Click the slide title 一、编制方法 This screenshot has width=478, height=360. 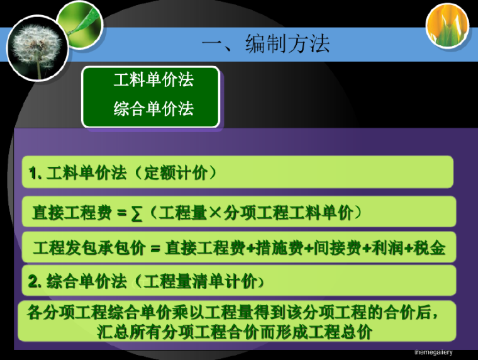(x=265, y=45)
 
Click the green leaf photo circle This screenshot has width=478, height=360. (x=79, y=23)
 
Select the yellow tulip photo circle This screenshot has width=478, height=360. (x=447, y=26)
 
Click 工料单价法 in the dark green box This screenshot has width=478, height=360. (x=153, y=80)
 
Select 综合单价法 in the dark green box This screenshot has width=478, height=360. (x=153, y=109)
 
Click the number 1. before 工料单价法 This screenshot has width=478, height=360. (x=35, y=172)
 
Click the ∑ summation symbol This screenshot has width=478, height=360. (x=136, y=213)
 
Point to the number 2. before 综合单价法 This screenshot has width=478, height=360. (x=35, y=281)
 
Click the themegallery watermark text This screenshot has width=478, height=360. (x=433, y=352)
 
